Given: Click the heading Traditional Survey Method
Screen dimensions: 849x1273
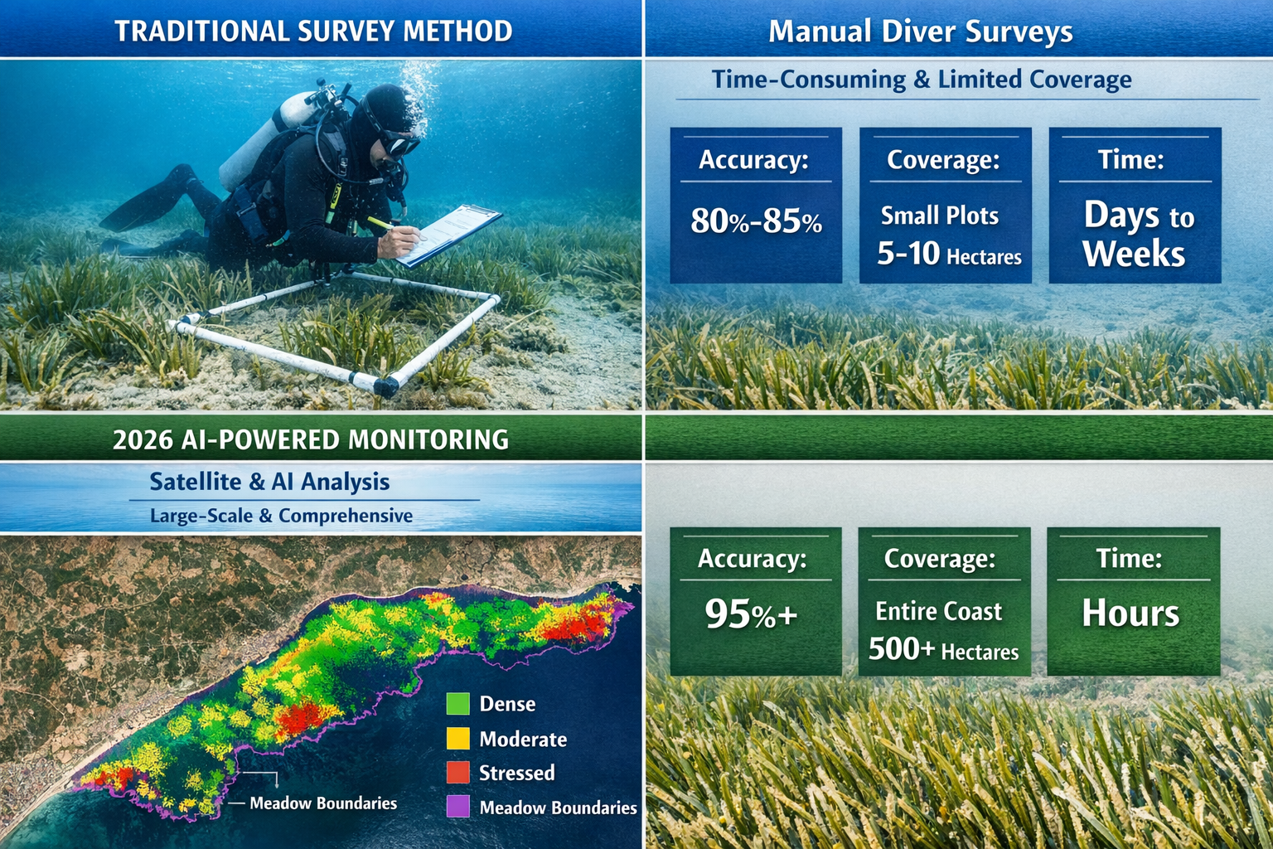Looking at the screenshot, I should pyautogui.click(x=313, y=32).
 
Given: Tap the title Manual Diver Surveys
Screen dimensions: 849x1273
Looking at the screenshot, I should pyautogui.click(x=920, y=32).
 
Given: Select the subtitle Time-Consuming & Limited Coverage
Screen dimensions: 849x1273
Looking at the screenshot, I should pyautogui.click(x=921, y=80).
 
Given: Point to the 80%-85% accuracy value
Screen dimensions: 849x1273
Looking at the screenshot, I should pyautogui.click(x=756, y=221).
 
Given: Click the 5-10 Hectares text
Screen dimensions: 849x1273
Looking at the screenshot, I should pyautogui.click(x=949, y=254).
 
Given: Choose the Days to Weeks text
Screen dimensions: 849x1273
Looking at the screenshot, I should pyautogui.click(x=1135, y=235).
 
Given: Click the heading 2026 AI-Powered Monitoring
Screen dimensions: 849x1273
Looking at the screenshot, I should pyautogui.click(x=310, y=439).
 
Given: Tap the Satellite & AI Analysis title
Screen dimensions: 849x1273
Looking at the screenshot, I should pyautogui.click(x=269, y=482).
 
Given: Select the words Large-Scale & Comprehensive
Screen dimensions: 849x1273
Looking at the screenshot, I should pyautogui.click(x=281, y=516).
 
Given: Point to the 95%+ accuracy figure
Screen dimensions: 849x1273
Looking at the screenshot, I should pyautogui.click(x=751, y=614).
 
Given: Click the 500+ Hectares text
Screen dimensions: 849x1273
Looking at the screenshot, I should pyautogui.click(x=943, y=650).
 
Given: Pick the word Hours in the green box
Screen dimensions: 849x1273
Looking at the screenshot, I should pyautogui.click(x=1130, y=614).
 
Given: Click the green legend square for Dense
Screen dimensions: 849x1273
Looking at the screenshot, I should pyautogui.click(x=457, y=704).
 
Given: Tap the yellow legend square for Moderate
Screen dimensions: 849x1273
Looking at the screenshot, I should pyautogui.click(x=457, y=739).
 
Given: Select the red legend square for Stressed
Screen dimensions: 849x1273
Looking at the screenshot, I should pyautogui.click(x=457, y=773).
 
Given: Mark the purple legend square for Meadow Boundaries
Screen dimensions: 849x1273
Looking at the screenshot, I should pyautogui.click(x=457, y=807).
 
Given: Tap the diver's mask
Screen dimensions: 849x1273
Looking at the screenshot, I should pyautogui.click(x=399, y=144).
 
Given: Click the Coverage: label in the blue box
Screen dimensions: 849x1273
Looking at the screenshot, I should pyautogui.click(x=943, y=159).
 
